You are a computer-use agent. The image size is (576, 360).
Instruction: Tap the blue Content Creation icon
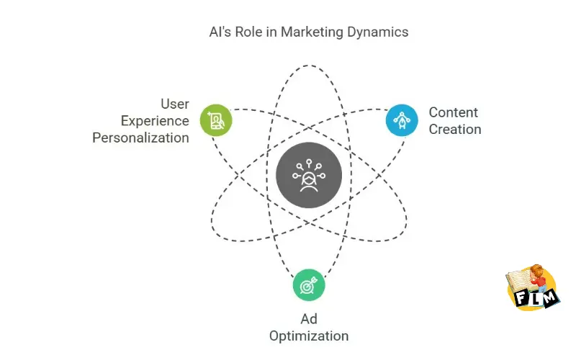(402, 120)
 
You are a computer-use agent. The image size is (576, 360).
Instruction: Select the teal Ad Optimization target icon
(309, 285)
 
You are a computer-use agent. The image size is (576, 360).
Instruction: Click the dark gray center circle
(309, 176)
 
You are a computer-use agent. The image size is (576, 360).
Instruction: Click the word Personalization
(140, 138)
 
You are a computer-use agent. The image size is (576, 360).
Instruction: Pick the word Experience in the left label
(155, 121)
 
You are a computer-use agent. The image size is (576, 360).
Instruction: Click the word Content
(453, 112)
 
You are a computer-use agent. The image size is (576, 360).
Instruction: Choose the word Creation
(454, 130)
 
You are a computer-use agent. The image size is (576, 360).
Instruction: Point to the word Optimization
(309, 336)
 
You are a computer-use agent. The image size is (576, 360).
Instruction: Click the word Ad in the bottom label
(309, 319)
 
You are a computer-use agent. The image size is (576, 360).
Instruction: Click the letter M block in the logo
(549, 297)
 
